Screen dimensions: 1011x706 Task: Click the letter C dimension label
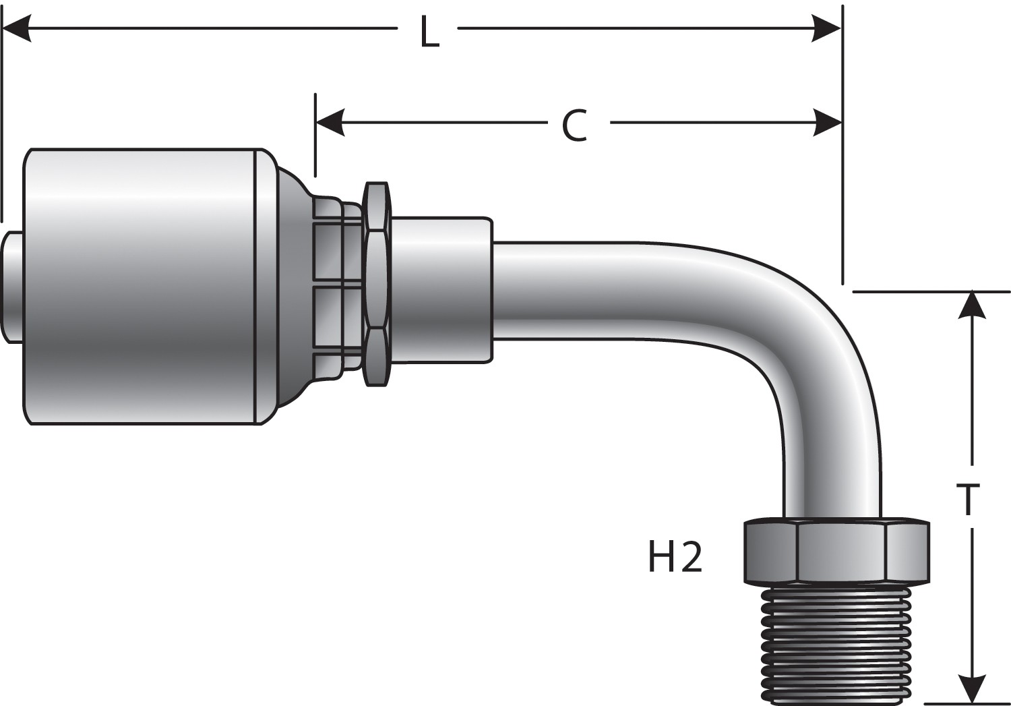pos(574,125)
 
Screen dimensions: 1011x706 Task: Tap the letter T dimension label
pos(967,499)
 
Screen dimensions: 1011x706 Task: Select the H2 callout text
pos(675,557)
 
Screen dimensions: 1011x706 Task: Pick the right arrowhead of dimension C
pos(827,122)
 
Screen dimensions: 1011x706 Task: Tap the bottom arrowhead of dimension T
pos(971,689)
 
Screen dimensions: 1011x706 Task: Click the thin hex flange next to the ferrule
pos(377,284)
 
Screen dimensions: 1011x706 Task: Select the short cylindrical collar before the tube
pos(441,290)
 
